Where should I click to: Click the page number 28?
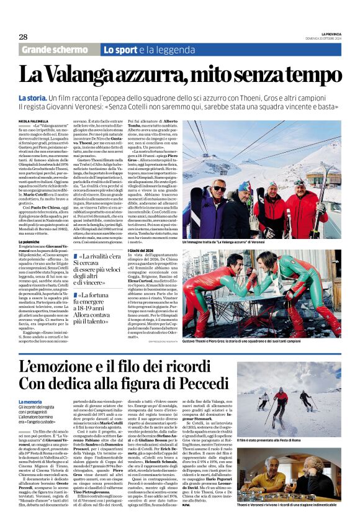[23, 37]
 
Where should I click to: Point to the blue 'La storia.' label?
[32, 99]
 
